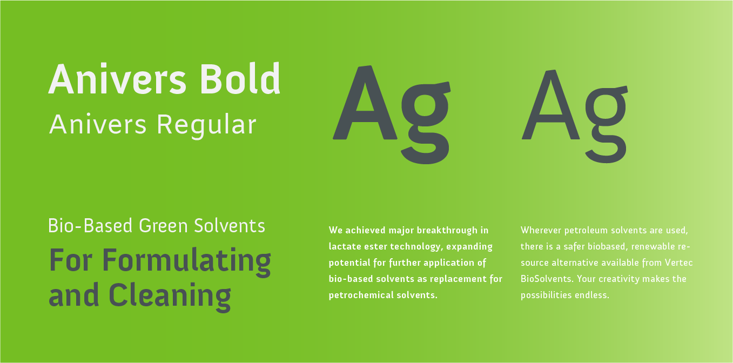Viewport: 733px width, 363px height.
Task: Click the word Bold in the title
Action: click(x=240, y=80)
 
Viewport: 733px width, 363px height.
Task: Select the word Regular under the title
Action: click(x=206, y=125)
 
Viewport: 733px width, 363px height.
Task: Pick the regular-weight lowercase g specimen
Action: click(x=606, y=123)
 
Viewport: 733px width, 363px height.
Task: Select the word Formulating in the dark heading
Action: click(x=186, y=261)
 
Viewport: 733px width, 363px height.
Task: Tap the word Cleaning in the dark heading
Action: click(x=170, y=295)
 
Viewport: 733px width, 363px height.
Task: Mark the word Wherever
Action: click(x=540, y=230)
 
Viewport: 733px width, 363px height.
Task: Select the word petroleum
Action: click(x=587, y=230)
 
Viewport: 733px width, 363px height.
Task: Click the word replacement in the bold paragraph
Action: click(x=460, y=279)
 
